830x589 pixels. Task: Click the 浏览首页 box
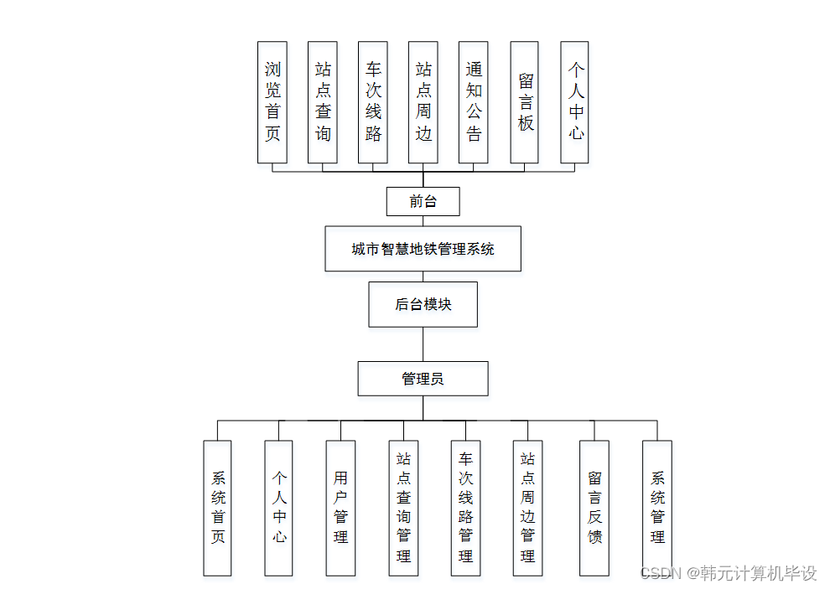tap(272, 102)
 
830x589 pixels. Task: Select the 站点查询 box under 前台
tap(323, 102)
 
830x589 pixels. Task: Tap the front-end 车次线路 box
tap(373, 102)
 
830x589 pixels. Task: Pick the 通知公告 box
tap(474, 102)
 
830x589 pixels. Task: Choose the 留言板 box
tap(525, 102)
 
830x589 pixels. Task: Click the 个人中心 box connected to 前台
tap(575, 102)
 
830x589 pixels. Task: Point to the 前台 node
tap(423, 201)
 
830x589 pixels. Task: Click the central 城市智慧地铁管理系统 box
tap(423, 249)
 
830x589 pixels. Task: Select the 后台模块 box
tap(423, 304)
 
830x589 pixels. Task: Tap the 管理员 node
tap(423, 379)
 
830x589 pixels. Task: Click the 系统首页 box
tap(218, 508)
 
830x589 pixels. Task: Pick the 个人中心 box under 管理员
tap(279, 508)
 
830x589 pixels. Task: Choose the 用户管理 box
tap(340, 508)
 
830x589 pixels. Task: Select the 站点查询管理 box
tap(403, 508)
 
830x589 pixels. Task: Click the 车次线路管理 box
tap(465, 508)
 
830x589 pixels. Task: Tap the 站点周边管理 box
tap(527, 508)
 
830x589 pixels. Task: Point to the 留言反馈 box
tap(594, 508)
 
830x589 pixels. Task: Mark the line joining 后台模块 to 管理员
tap(423, 344)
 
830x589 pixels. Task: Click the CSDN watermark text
tap(728, 574)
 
